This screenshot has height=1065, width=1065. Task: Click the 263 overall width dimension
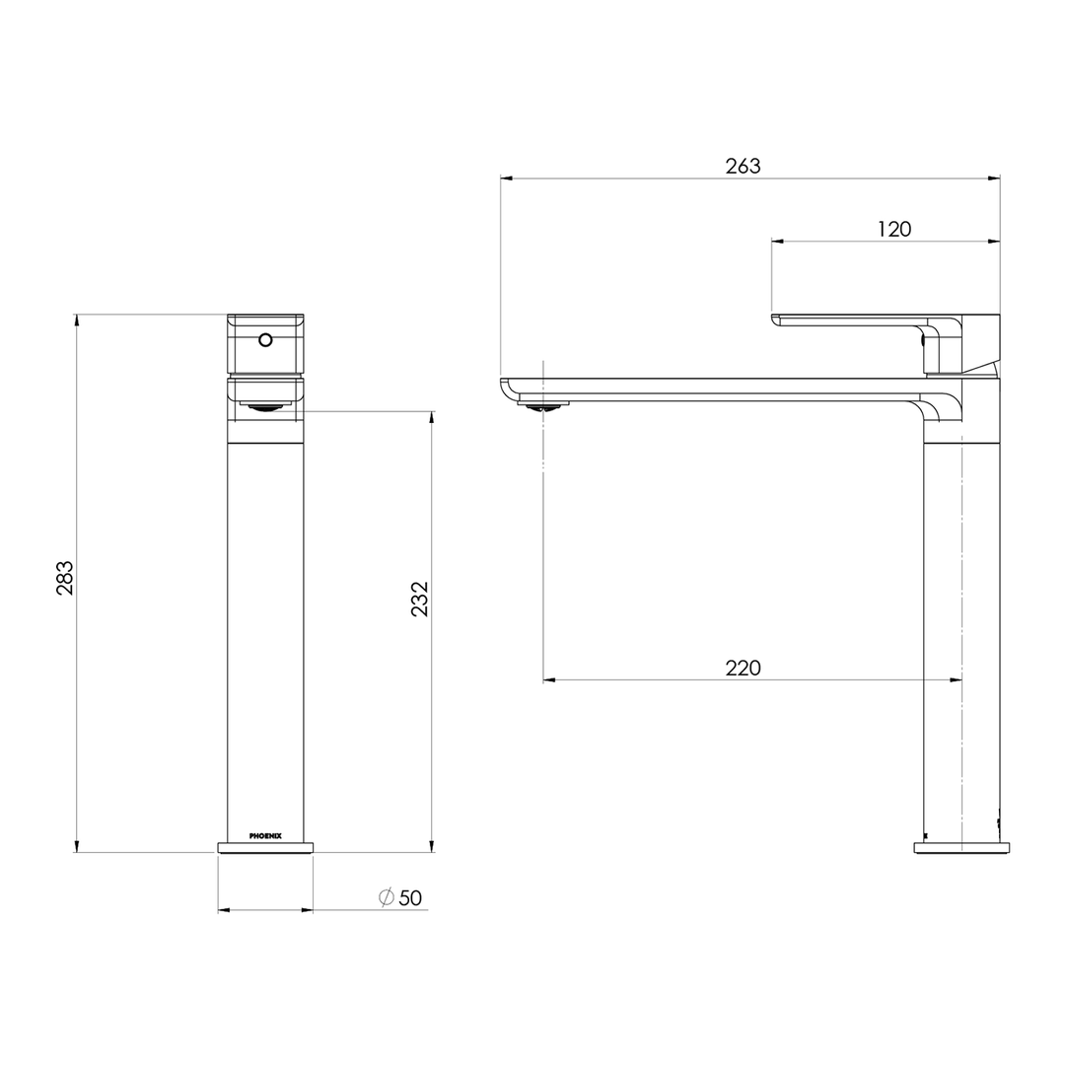pos(743,167)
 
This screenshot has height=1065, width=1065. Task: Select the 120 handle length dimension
pos(893,230)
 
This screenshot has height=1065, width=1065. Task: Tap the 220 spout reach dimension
pos(743,669)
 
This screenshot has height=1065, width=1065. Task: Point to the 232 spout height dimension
pos(420,599)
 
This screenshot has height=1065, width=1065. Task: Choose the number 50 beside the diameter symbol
pos(410,898)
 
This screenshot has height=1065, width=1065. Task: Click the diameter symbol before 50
pos(387,898)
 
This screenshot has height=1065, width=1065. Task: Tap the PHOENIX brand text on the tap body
pos(265,835)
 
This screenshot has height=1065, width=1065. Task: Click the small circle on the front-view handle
pos(264,340)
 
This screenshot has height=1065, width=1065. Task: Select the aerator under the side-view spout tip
pos(543,404)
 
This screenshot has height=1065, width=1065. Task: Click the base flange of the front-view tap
pos(265,847)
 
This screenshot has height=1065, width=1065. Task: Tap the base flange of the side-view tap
pos(961,847)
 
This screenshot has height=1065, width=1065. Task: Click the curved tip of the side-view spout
pos(508,389)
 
